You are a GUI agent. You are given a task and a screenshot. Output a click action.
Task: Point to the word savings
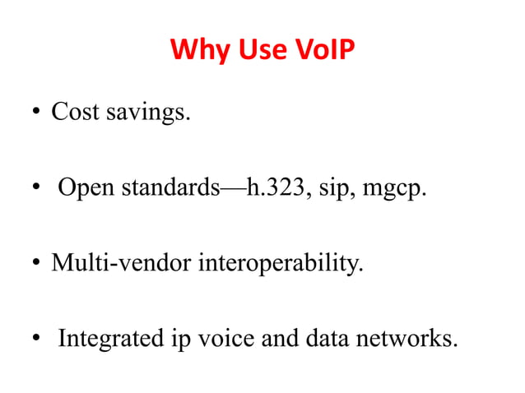(148, 113)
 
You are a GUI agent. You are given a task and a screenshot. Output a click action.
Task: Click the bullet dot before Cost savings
(38, 113)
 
